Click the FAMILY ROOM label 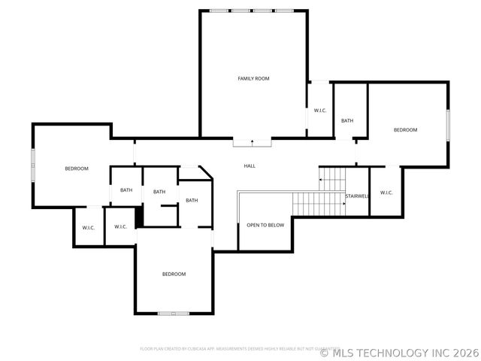pyautogui.click(x=253, y=78)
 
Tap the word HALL pyautogui.click(x=250, y=165)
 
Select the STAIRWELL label pyautogui.click(x=356, y=196)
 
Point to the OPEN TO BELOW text pyautogui.click(x=265, y=225)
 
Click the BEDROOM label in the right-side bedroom pyautogui.click(x=405, y=130)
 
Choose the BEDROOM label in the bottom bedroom pyautogui.click(x=174, y=274)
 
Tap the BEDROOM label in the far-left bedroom pyautogui.click(x=76, y=168)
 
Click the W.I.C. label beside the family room pyautogui.click(x=319, y=111)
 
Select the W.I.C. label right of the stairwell pyautogui.click(x=386, y=193)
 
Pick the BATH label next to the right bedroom pyautogui.click(x=347, y=120)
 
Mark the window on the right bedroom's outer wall pyautogui.click(x=448, y=125)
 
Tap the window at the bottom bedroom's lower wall pyautogui.click(x=174, y=313)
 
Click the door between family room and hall pyautogui.click(x=252, y=141)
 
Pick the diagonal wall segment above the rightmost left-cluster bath pyautogui.click(x=207, y=173)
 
